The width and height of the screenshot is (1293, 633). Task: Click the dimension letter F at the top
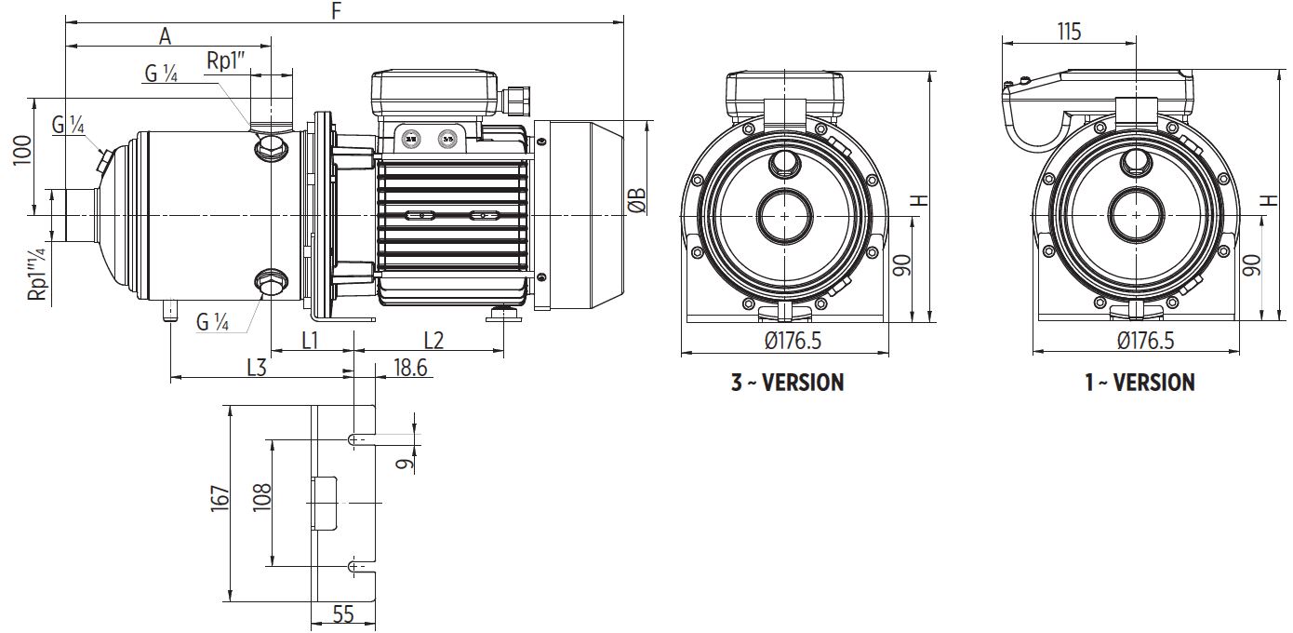click(x=337, y=10)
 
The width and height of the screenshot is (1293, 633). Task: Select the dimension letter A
click(x=165, y=35)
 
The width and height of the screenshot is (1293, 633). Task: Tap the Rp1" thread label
click(x=226, y=61)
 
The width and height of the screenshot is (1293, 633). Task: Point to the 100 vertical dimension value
click(x=22, y=150)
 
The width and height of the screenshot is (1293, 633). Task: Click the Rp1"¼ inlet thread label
click(x=36, y=275)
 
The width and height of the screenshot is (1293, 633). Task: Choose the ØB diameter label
click(x=637, y=200)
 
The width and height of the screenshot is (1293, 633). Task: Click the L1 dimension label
click(x=310, y=340)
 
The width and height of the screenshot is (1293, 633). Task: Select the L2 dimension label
click(x=433, y=340)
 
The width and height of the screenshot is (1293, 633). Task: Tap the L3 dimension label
click(x=257, y=368)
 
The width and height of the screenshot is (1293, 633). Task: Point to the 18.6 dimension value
click(x=410, y=368)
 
